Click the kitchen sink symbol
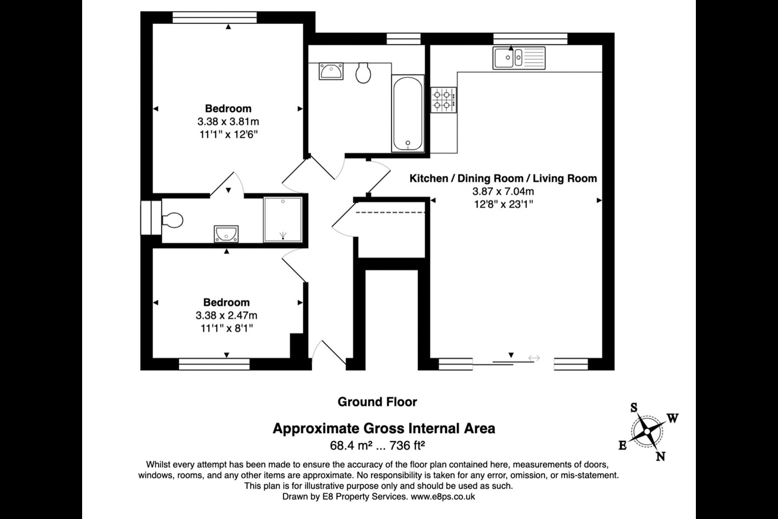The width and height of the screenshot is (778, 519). tap(519, 58)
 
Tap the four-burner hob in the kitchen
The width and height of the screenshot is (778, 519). tap(444, 100)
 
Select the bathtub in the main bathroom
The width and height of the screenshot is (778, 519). tap(408, 114)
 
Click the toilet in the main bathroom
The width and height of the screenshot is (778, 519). tap(363, 72)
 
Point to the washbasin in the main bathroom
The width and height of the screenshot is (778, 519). tap(331, 71)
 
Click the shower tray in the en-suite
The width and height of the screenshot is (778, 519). tap(283, 219)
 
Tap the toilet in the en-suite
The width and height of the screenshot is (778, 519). tap(172, 220)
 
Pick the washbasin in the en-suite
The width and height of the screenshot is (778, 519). tap(226, 234)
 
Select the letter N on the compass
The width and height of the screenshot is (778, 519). tap(661, 456)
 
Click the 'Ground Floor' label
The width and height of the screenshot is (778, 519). tap(377, 402)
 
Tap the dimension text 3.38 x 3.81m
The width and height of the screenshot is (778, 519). tap(228, 122)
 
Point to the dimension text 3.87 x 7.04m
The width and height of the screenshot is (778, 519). tap(503, 191)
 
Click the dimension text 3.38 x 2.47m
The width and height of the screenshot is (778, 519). tap(226, 315)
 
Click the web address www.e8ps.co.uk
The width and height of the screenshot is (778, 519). tap(443, 496)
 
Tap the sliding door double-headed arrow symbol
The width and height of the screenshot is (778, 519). tap(534, 358)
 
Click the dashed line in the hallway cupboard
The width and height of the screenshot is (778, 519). tap(391, 212)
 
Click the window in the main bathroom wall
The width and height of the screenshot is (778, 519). tap(404, 38)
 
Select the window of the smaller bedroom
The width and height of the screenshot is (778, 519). tap(214, 364)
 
